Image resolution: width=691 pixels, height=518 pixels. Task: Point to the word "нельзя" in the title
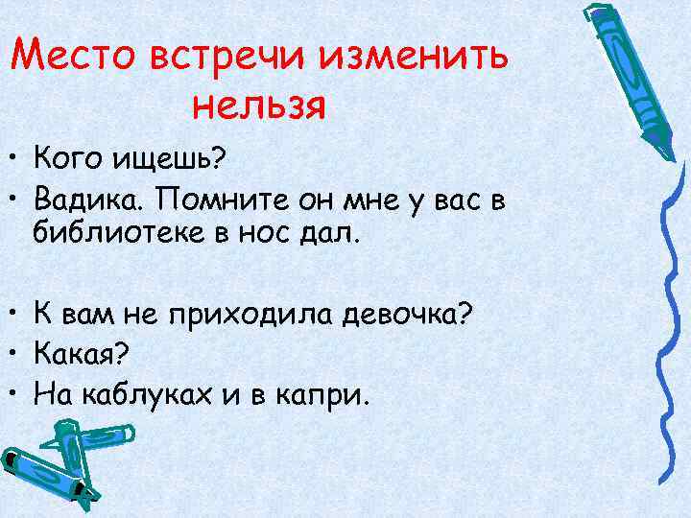pos(258,103)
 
